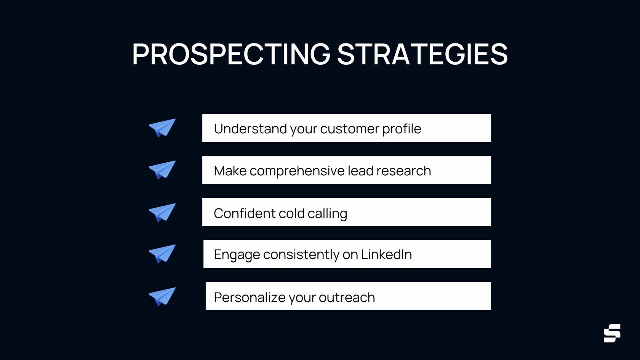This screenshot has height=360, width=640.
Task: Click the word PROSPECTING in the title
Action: click(x=231, y=54)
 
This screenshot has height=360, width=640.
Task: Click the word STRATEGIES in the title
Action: click(x=422, y=54)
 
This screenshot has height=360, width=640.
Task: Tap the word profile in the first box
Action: click(x=402, y=129)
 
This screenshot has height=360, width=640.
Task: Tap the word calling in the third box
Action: click(x=327, y=214)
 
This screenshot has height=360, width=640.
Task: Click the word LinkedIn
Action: click(x=386, y=254)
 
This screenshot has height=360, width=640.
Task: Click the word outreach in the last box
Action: click(x=347, y=298)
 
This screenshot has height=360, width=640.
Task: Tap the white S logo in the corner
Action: click(x=612, y=333)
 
